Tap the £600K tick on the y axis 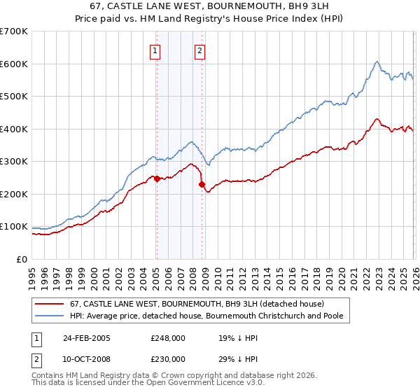pyautogui.click(x=14, y=64)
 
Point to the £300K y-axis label pyautogui.click(x=14, y=162)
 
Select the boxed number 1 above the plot pyautogui.click(x=155, y=50)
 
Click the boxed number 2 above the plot pyautogui.click(x=200, y=50)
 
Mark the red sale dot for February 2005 pyautogui.click(x=157, y=178)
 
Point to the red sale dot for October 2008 pyautogui.click(x=202, y=185)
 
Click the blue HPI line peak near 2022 pyautogui.click(x=377, y=62)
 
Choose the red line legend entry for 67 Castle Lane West pyautogui.click(x=197, y=304)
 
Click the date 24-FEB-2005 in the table pyautogui.click(x=87, y=338)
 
